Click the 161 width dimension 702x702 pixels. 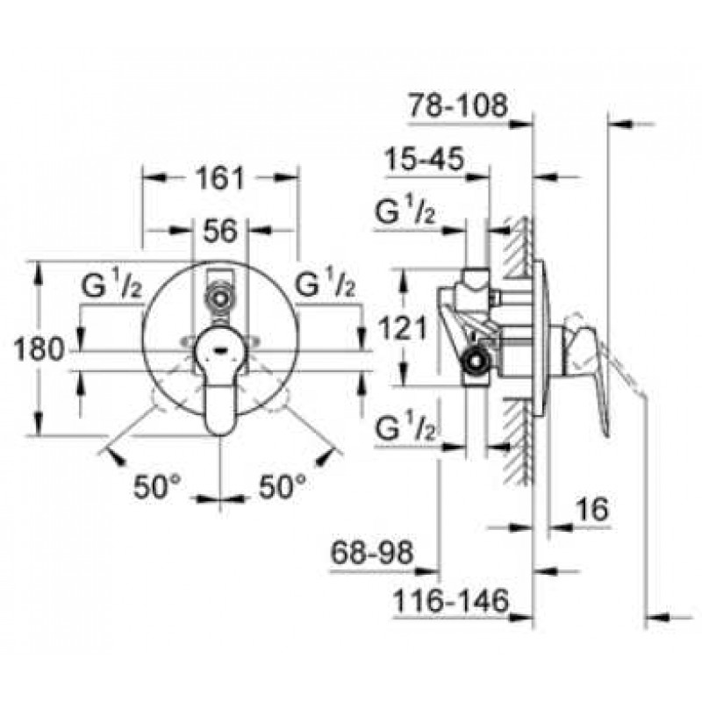tap(220, 178)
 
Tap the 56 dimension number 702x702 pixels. tap(220, 231)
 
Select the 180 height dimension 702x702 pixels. tap(39, 349)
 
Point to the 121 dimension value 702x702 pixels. tap(403, 328)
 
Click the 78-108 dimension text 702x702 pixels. tap(458, 105)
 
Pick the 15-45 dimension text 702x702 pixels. tap(425, 159)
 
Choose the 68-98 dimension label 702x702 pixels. tap(371, 552)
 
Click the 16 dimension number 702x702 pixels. tap(592, 509)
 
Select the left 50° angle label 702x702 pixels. tap(157, 487)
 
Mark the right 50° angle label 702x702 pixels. tap(283, 487)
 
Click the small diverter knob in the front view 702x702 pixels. tap(219, 297)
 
